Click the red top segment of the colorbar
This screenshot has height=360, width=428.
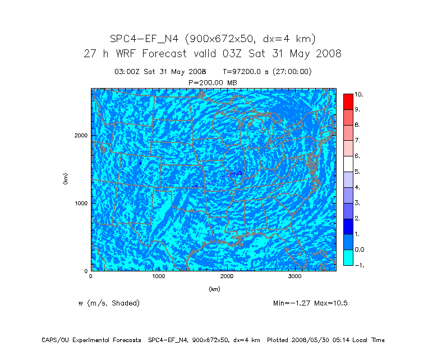348,101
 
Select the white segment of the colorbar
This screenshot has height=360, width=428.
348,164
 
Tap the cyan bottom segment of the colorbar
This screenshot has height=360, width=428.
348,257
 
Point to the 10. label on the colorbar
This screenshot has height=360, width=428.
358,95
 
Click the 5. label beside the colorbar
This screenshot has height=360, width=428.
357,172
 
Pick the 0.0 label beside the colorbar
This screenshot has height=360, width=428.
359,249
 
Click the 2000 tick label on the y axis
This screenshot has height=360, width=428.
80,135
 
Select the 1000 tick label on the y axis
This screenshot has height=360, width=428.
80,203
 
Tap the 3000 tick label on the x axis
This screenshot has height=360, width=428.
295,276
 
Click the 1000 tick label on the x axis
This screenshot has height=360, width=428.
159,276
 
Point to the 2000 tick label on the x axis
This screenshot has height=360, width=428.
227,276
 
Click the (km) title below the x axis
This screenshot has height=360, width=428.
214,289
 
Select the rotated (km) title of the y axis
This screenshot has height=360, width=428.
66,179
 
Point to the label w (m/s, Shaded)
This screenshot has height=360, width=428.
109,303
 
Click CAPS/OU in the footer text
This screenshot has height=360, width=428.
54,340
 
